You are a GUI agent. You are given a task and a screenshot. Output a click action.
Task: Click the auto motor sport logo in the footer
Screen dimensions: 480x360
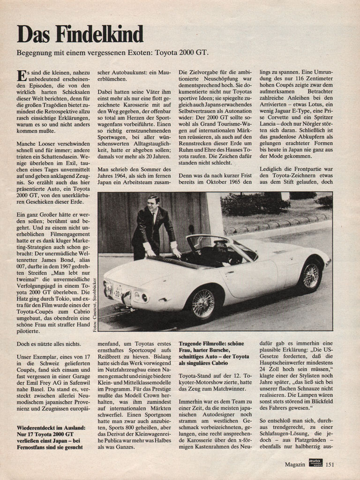tap(315, 465)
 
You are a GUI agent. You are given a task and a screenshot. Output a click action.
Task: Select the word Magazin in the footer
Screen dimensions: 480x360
tap(295, 465)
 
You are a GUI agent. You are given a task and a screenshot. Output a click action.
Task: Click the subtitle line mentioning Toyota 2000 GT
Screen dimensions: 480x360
tap(112, 52)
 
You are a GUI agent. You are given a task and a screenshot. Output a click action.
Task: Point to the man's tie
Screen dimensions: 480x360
tap(153, 218)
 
